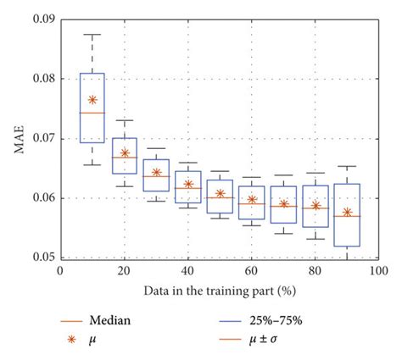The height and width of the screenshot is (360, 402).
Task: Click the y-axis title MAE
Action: click(18, 138)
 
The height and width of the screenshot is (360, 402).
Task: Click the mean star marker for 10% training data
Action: click(92, 99)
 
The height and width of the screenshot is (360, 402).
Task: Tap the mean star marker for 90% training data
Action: click(347, 212)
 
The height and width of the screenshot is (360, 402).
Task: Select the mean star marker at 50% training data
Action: click(220, 193)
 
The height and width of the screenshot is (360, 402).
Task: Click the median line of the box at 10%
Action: click(92, 113)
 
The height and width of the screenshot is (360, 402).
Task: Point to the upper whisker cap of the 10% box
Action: click(92, 35)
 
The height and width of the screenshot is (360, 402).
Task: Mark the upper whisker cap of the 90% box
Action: click(347, 166)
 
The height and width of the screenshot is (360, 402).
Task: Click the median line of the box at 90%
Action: click(347, 216)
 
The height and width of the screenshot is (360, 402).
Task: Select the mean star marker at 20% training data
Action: click(124, 153)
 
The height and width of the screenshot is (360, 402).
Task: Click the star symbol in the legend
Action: click(73, 344)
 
